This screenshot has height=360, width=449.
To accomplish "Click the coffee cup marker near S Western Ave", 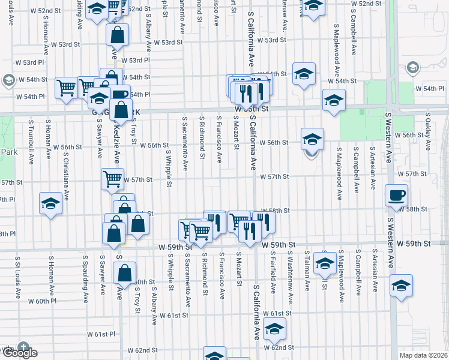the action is [x=397, y=196].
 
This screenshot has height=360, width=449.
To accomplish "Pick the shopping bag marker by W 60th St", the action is [x=124, y=273].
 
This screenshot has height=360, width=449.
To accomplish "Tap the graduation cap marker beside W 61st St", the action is [x=274, y=329].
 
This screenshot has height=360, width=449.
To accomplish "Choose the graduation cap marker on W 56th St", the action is [x=312, y=139].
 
